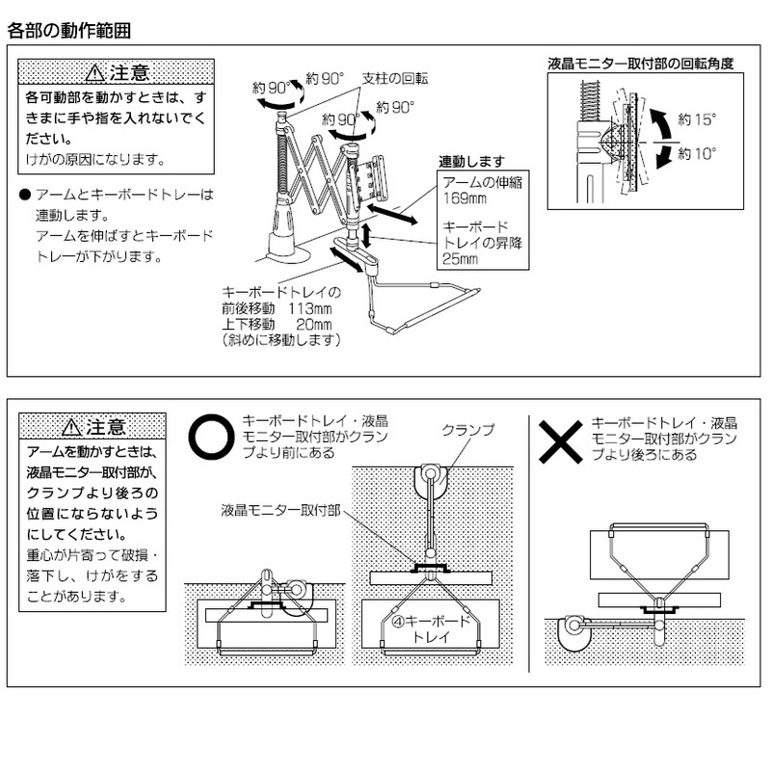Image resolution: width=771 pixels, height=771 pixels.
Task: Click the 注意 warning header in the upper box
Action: (x=116, y=73)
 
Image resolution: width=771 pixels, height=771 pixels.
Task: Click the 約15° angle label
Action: (x=697, y=120)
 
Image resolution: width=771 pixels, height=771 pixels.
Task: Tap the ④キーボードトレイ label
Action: (x=434, y=629)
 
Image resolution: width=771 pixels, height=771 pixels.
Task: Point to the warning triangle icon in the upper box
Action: (x=93, y=73)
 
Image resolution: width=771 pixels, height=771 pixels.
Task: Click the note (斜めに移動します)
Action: (x=280, y=340)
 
